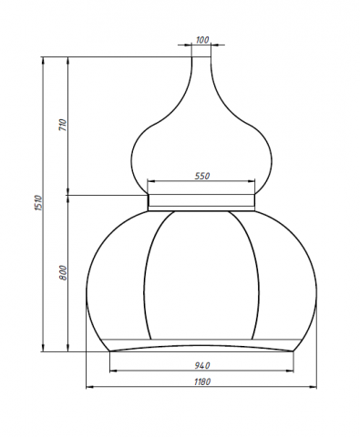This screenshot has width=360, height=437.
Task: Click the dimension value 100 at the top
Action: [202, 40]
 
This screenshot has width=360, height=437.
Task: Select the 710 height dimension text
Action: [63, 126]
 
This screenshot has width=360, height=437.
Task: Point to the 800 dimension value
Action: [63, 273]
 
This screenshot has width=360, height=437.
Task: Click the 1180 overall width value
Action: [202, 382]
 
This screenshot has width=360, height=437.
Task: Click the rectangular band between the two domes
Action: [202, 202]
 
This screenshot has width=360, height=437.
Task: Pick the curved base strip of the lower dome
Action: [202, 347]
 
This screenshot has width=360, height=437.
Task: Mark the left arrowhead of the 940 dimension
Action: [112, 371]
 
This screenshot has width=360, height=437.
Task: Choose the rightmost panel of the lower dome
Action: [290, 278]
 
